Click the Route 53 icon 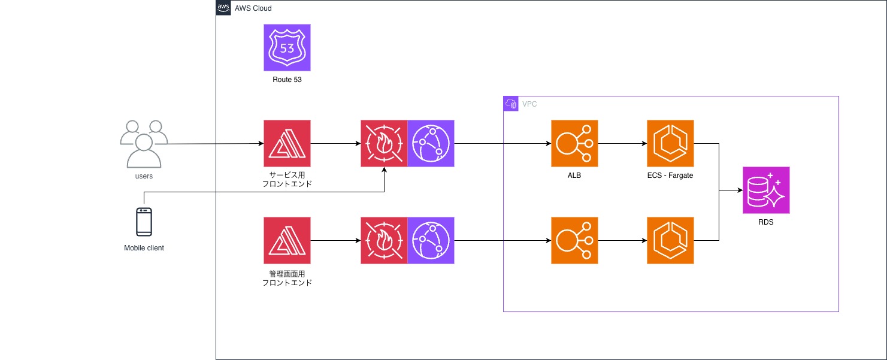point(287,48)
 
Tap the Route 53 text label point(287,79)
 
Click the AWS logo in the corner point(223,8)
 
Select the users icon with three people point(143,144)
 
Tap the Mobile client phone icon point(144,222)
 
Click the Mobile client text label point(144,248)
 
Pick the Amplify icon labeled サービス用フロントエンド point(287,144)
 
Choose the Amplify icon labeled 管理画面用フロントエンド point(287,241)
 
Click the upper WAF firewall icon point(384,144)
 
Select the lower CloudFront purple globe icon point(431,241)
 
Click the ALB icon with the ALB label point(574,144)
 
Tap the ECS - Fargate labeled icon point(670,144)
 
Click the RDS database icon point(766,190)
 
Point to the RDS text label point(766,222)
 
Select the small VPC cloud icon point(511,104)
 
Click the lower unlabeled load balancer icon point(574,241)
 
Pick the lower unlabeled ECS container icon point(670,241)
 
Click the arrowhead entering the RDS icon point(739,191)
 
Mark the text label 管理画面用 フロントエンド point(287,278)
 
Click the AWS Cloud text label point(253,8)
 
